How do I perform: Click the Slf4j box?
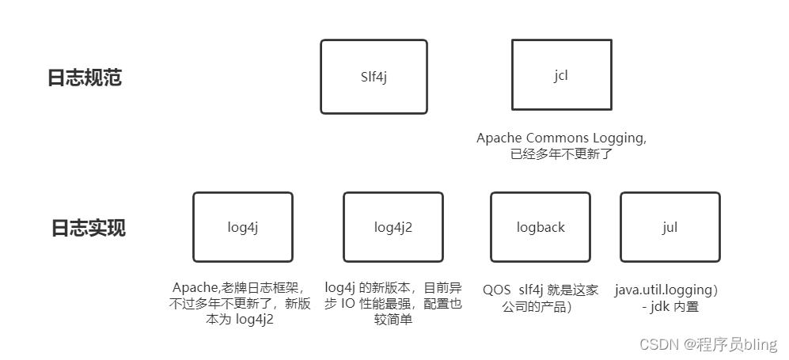point(374,77)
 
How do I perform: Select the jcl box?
point(561,75)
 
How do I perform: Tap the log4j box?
point(242,227)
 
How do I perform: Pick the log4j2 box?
point(393,227)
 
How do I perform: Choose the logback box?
point(541,227)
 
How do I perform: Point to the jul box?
point(670,227)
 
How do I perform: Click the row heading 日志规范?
point(85,78)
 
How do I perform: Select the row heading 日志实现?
point(88,228)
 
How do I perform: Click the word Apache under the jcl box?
point(499,138)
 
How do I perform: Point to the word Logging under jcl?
point(623,138)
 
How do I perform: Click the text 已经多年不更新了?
point(561,154)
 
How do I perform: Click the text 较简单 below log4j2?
point(393,320)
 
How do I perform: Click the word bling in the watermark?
point(761,344)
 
